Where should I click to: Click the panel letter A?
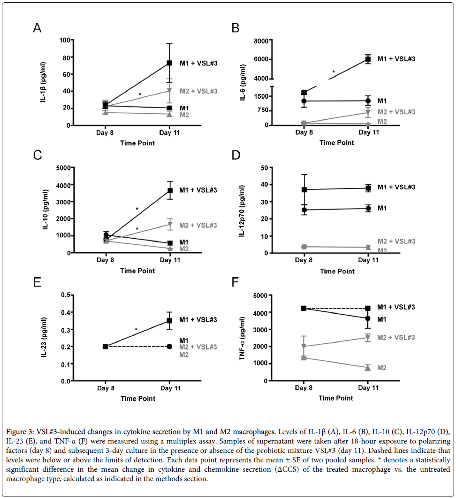coord(37,28)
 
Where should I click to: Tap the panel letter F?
coord(235,282)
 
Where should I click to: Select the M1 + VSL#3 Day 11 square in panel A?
coord(170,63)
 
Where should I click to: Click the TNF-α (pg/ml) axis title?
coord(243,338)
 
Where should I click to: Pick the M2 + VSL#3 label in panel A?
coord(198,91)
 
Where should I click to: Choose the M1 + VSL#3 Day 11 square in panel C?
coord(170,190)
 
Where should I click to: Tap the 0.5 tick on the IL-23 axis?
coord(66,295)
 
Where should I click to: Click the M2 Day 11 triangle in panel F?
coord(368,368)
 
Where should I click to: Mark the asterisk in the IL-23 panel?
coord(136,330)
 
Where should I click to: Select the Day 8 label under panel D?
coord(304,260)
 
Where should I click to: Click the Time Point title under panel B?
coord(337,143)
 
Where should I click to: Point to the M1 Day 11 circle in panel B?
coord(368,101)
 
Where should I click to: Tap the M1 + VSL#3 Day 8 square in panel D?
coord(304,190)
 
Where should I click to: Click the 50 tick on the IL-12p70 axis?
coord(265,168)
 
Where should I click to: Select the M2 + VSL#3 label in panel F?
coord(396,337)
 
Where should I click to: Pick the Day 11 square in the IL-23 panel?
coord(170,321)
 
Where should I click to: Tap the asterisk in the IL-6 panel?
coord(334,72)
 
